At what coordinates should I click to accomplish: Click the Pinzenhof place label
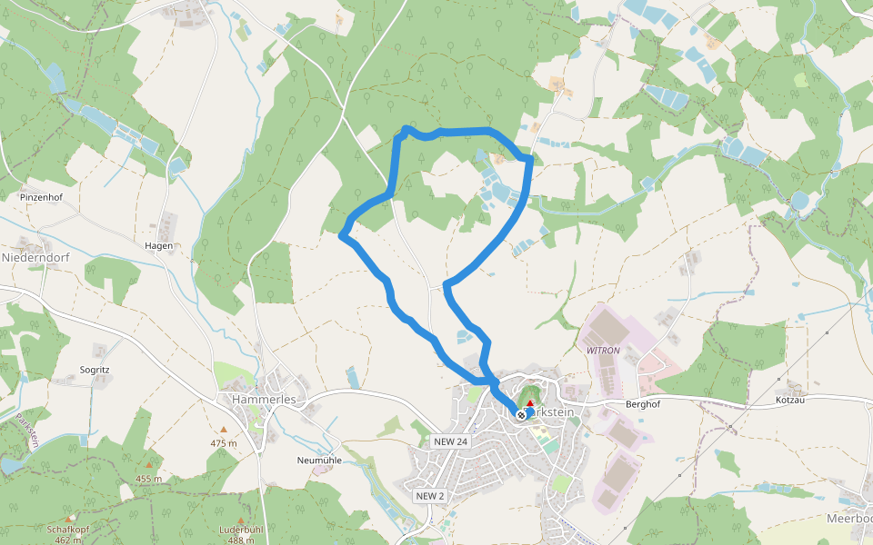pos(40,196)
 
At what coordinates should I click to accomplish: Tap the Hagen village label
pos(158,245)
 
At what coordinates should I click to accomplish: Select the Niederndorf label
pos(35,257)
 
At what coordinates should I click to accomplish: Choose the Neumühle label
pos(318,460)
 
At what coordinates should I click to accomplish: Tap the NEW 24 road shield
pos(450,441)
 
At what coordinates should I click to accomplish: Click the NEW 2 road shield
pos(430,496)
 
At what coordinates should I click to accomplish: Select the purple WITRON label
pos(603,350)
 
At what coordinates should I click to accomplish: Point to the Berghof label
pos(641,403)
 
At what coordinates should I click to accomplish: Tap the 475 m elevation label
pos(223,443)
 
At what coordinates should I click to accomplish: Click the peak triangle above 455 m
pos(149,465)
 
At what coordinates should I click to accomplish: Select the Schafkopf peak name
pos(68,528)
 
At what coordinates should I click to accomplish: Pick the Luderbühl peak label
pos(240,528)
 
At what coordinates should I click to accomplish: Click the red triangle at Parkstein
pos(530,402)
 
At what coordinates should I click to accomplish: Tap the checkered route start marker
pos(521,415)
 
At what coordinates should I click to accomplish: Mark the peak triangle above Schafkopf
pos(69,518)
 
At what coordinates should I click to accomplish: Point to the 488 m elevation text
pos(240,540)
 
